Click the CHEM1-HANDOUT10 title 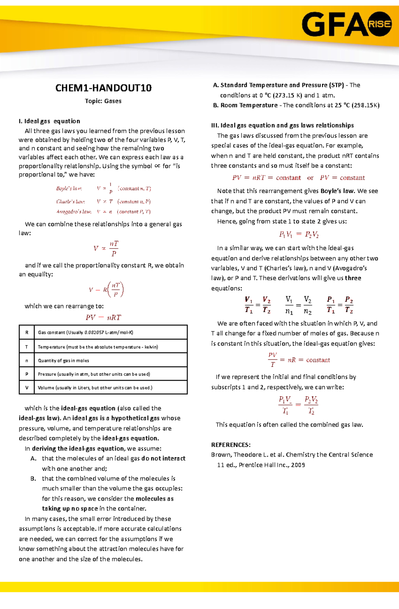103,88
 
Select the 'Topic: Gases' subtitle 103,101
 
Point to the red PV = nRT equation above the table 103,318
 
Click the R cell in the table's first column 27,332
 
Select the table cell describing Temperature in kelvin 98,347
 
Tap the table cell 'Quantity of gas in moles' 63,360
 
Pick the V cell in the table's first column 27,388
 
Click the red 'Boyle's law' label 69,189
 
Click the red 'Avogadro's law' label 73,212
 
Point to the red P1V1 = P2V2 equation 299,235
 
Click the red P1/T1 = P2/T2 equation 339,305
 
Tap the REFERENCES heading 231,445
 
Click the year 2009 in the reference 298,465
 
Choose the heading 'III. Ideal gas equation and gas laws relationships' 282,125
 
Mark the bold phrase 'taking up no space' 70,508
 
